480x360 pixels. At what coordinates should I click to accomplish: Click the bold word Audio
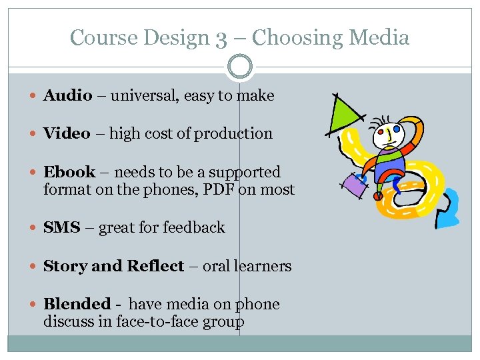67,95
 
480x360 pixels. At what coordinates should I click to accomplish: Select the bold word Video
67,133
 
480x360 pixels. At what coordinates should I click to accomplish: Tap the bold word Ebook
69,172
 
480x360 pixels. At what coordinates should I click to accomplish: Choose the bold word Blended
77,304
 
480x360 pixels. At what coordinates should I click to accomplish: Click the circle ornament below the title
240,67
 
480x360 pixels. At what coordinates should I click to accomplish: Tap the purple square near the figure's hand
355,184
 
